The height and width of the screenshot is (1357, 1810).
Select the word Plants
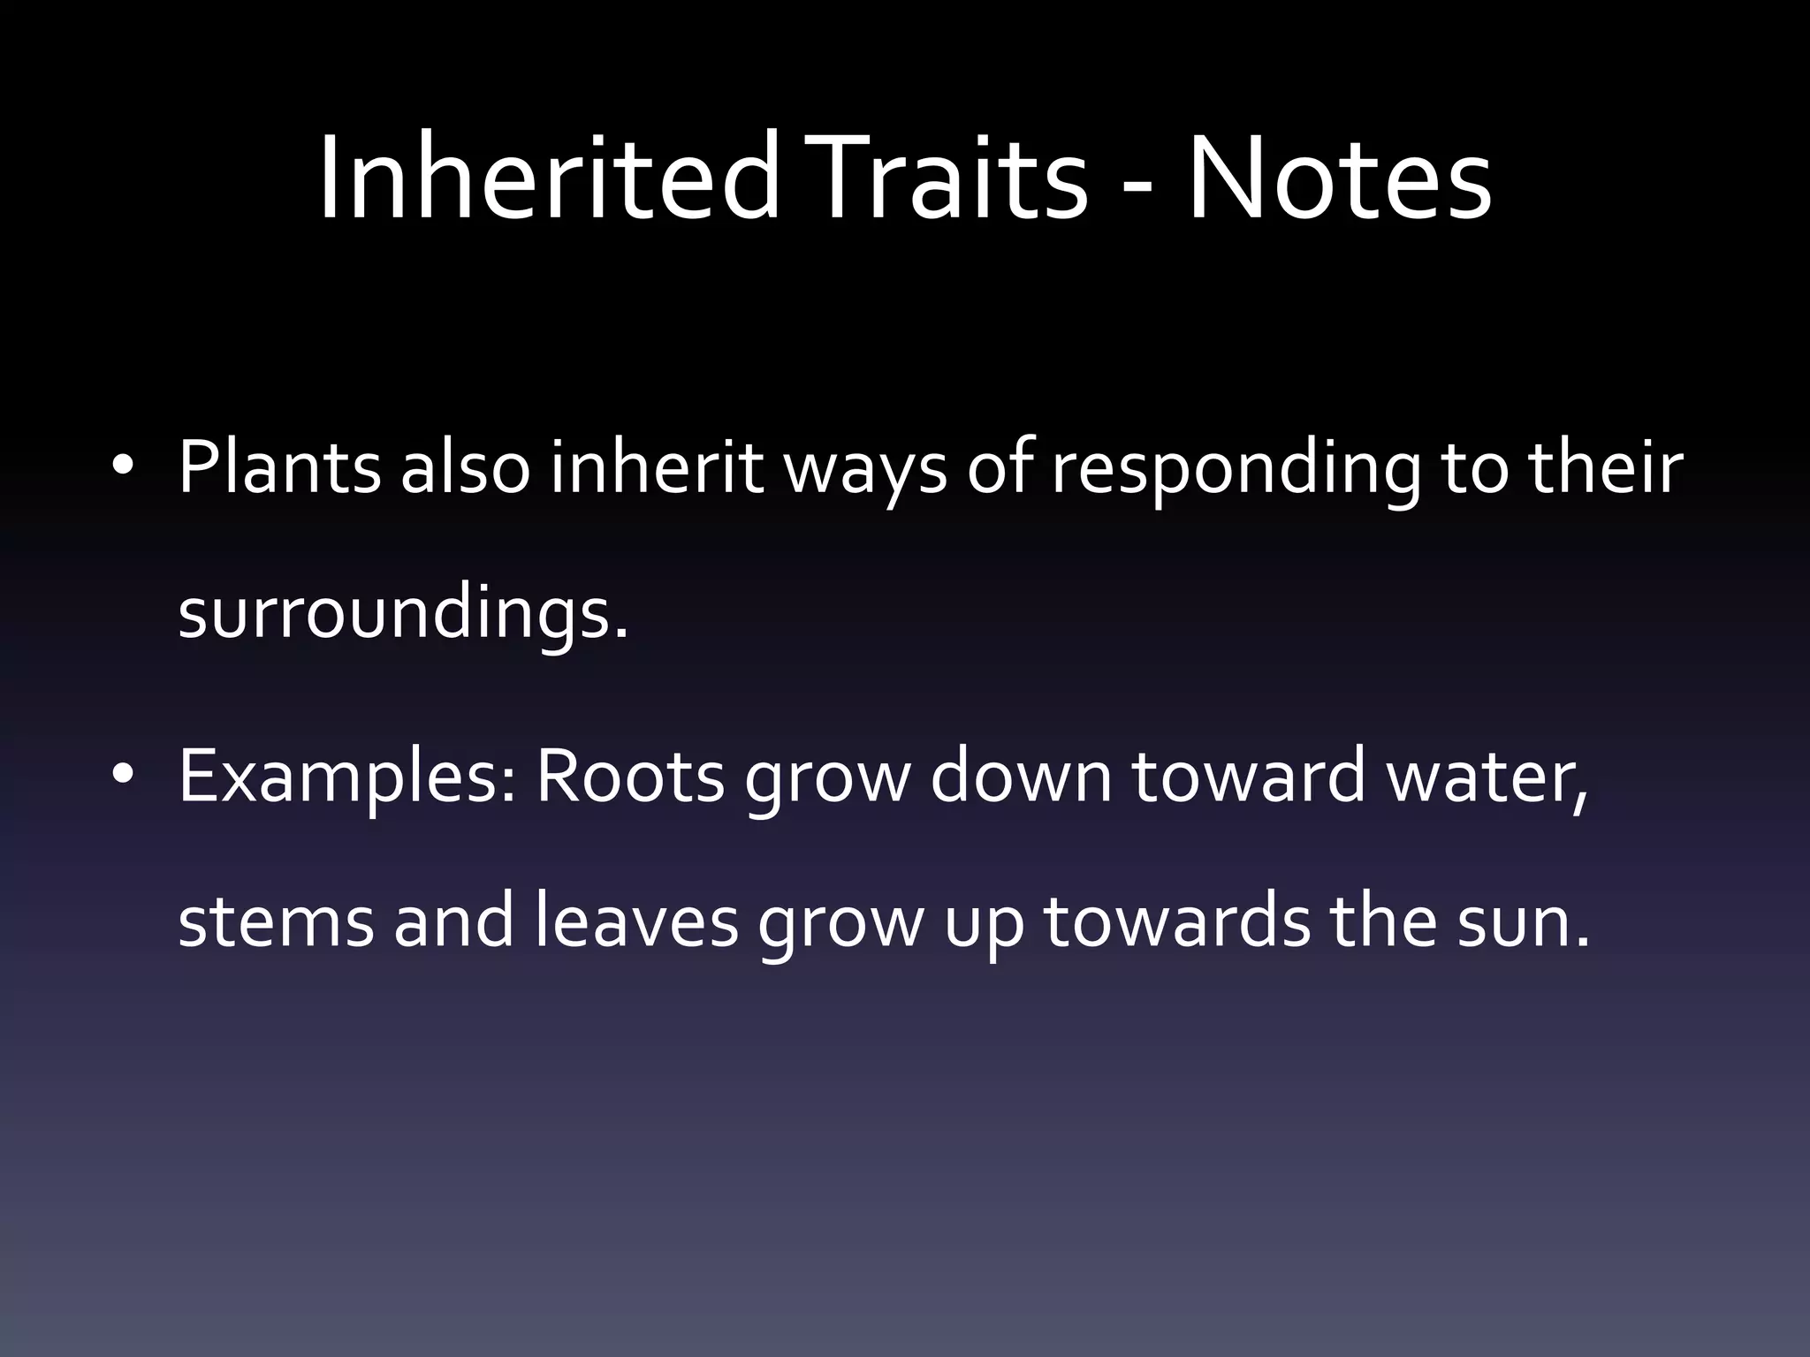coord(279,467)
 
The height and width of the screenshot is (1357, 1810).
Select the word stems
coord(276,921)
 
